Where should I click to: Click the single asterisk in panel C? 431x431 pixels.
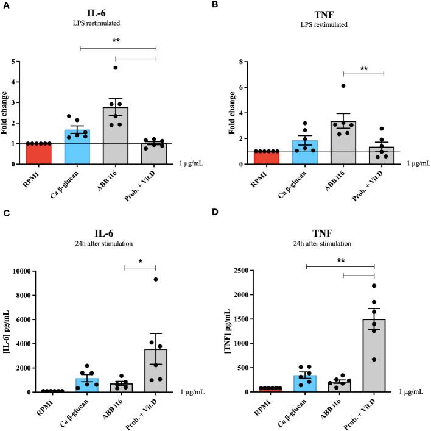click(140, 261)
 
